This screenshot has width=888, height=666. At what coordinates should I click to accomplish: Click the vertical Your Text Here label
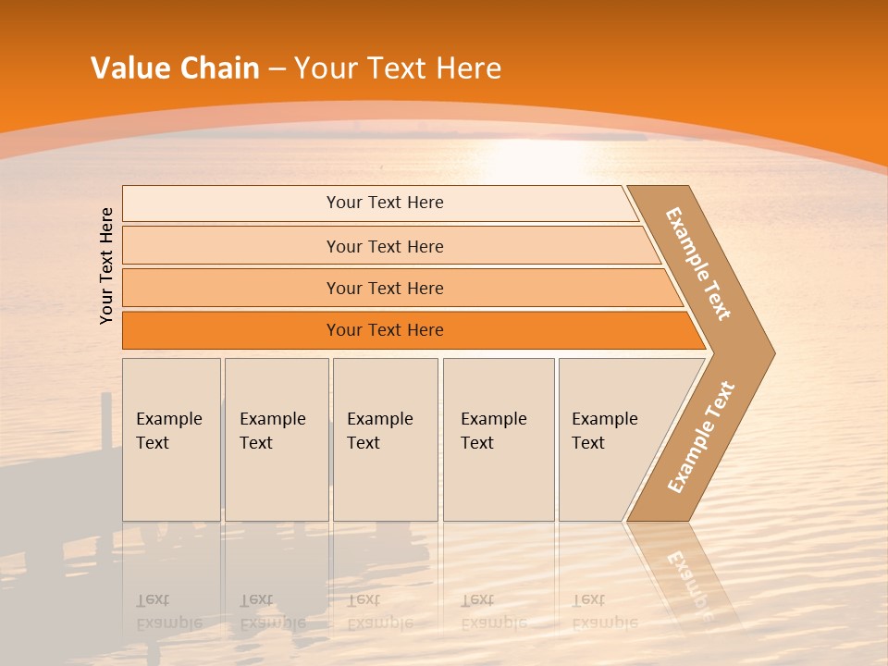(x=106, y=265)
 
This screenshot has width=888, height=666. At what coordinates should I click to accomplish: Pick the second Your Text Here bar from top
(x=385, y=246)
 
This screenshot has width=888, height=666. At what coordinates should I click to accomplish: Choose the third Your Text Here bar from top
(x=385, y=288)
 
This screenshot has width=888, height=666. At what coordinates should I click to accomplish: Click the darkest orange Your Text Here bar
(x=385, y=330)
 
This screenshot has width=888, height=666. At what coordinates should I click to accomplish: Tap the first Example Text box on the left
(x=171, y=439)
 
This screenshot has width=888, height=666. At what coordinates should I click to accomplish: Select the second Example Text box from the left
(x=276, y=439)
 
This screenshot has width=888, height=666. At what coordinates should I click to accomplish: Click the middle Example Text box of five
(x=385, y=439)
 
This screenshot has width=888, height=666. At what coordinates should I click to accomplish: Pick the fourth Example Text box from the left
(x=499, y=439)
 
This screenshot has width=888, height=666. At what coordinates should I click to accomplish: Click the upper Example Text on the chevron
(x=698, y=264)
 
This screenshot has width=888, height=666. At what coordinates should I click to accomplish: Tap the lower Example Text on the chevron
(x=700, y=438)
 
